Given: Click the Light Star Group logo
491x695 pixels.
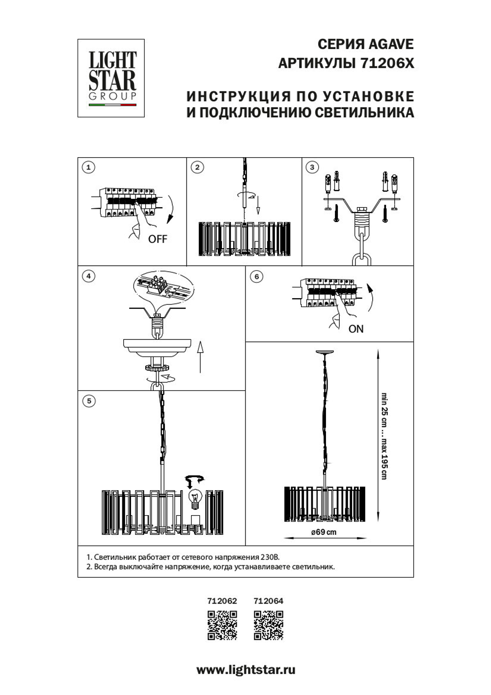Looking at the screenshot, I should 111,78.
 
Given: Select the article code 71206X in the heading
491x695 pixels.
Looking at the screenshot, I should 387,63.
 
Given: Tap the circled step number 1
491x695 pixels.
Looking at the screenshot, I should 88,167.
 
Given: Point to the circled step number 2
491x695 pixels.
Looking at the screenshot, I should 197,167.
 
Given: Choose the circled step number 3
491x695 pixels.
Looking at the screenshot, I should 312,167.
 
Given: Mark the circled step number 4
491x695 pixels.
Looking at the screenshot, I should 88,277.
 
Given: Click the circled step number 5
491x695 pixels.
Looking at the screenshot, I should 88,401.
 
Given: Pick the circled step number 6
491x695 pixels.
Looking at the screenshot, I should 256,277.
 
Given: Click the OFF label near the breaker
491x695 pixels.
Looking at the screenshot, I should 158,239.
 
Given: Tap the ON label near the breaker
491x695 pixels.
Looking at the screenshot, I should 356,329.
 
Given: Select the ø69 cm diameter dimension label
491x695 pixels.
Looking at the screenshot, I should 324,532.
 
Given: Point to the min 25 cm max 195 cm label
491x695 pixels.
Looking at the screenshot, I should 384,436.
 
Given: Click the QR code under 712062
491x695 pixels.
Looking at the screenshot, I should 222,625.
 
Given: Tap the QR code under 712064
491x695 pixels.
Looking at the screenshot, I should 269,625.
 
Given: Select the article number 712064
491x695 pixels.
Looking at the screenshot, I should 269,601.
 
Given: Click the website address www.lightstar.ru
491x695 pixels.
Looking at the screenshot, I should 245,670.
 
